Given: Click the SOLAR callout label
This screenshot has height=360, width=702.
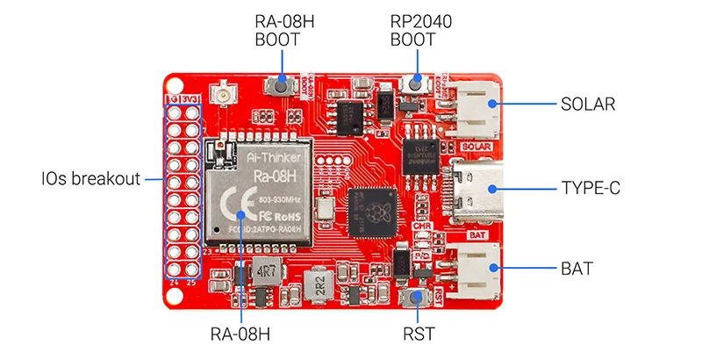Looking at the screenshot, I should point(588,104).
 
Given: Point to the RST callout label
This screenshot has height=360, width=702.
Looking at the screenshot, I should point(420,334).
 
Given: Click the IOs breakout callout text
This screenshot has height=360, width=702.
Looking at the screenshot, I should point(90,179).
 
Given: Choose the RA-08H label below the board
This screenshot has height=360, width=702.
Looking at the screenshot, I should point(240,334).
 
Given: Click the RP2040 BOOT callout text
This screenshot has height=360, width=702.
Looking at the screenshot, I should point(421,31).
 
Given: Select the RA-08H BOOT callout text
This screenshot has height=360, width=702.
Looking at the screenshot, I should point(283,31).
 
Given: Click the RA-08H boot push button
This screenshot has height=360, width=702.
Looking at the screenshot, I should point(282,85).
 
